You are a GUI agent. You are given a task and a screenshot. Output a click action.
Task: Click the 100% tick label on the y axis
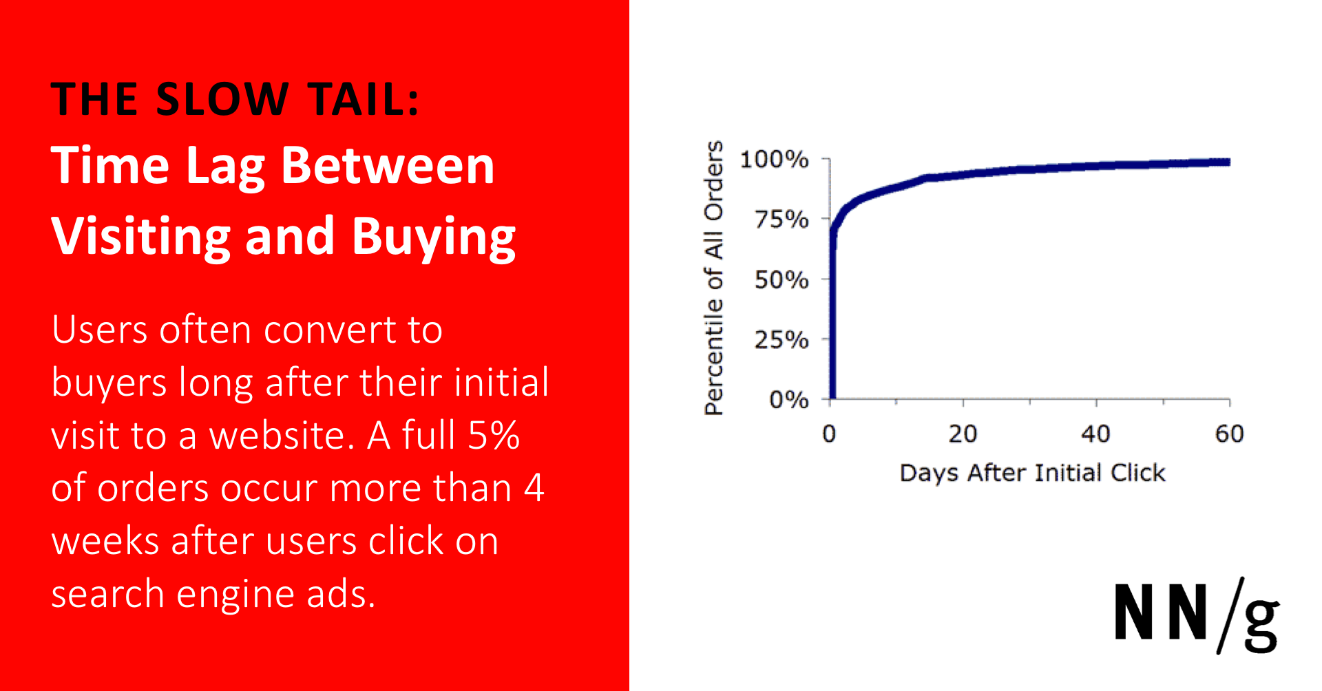[773, 160]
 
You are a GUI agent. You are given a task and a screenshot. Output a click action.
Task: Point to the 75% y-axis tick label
[781, 220]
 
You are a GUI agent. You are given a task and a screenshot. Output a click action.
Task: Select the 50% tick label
[781, 279]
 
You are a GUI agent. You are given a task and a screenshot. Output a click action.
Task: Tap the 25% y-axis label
[781, 339]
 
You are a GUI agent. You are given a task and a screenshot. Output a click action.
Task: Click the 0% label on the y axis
[788, 399]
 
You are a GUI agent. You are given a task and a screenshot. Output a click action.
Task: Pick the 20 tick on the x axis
[963, 434]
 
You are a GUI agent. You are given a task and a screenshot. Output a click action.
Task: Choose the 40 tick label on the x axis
[1095, 434]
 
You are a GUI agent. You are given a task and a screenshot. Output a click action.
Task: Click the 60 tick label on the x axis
[1229, 434]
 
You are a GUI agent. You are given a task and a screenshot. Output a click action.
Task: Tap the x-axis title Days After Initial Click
[1032, 473]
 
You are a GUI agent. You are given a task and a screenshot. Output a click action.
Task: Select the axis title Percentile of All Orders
[714, 278]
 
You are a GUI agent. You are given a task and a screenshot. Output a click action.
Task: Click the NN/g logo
[1196, 615]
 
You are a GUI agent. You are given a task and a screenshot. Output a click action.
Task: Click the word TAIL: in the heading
[363, 99]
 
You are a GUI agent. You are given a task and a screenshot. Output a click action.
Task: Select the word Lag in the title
[225, 167]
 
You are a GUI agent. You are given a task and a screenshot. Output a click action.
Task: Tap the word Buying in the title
[433, 237]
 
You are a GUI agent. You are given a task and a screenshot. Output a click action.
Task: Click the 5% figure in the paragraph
[493, 436]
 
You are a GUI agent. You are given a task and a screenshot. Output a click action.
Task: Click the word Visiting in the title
[140, 237]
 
